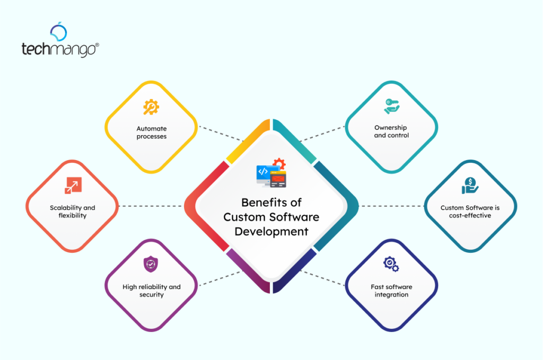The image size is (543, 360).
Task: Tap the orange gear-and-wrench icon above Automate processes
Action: pos(151,108)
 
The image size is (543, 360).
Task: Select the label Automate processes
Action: pos(151,133)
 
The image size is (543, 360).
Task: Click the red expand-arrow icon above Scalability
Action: pos(72,186)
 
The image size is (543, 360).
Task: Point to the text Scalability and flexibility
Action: pos(72,212)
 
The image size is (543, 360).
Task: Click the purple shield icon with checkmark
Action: pos(151,265)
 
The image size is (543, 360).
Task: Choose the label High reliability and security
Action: pos(151,291)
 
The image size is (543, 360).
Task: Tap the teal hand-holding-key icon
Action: pos(391,107)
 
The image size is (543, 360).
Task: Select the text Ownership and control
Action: pos(391,131)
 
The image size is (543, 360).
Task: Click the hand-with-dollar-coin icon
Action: pos(470,186)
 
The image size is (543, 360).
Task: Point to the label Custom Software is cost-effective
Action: pos(470,212)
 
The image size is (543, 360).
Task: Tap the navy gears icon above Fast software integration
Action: pos(391,264)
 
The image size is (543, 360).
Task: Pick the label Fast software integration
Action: pos(391,291)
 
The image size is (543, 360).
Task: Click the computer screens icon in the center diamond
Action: pos(271,173)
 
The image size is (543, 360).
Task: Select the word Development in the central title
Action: pos(271,232)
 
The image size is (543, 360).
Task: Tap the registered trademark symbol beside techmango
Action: pos(97,46)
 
